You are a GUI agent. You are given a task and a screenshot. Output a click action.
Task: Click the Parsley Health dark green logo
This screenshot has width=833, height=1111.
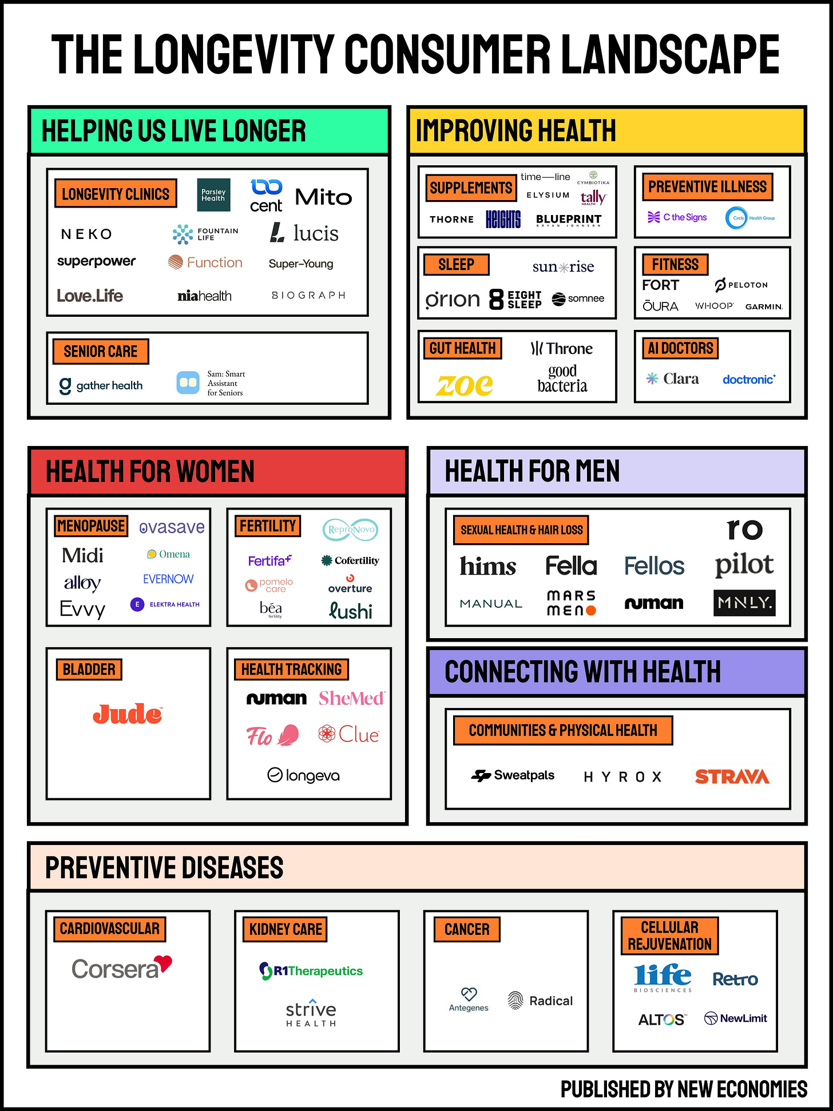click(213, 195)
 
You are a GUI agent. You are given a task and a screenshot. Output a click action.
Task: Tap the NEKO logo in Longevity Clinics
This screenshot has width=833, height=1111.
click(86, 234)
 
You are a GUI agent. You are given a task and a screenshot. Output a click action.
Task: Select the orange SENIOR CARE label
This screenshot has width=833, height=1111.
click(101, 351)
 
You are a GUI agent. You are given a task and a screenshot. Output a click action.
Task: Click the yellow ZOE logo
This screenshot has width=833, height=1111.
click(464, 385)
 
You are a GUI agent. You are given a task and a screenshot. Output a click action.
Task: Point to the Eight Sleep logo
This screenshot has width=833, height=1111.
click(515, 299)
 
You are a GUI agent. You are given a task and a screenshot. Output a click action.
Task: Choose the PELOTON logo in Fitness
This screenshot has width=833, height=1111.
click(741, 285)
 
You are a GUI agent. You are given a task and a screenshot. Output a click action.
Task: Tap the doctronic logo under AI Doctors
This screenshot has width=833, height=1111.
click(749, 379)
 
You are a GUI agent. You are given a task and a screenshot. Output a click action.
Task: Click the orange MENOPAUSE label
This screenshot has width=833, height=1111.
click(92, 525)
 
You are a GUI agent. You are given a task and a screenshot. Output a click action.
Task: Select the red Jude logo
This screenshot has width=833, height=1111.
click(128, 714)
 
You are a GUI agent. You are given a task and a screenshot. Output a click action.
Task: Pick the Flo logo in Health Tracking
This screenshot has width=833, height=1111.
click(272, 735)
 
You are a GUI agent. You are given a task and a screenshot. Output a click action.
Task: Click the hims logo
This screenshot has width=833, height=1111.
click(487, 566)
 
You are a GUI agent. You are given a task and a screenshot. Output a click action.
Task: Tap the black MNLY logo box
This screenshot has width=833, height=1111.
click(744, 603)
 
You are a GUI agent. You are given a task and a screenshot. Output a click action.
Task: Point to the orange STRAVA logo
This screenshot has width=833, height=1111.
click(732, 776)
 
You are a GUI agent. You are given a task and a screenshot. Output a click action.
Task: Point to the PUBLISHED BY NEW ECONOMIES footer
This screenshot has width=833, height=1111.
click(684, 1089)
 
